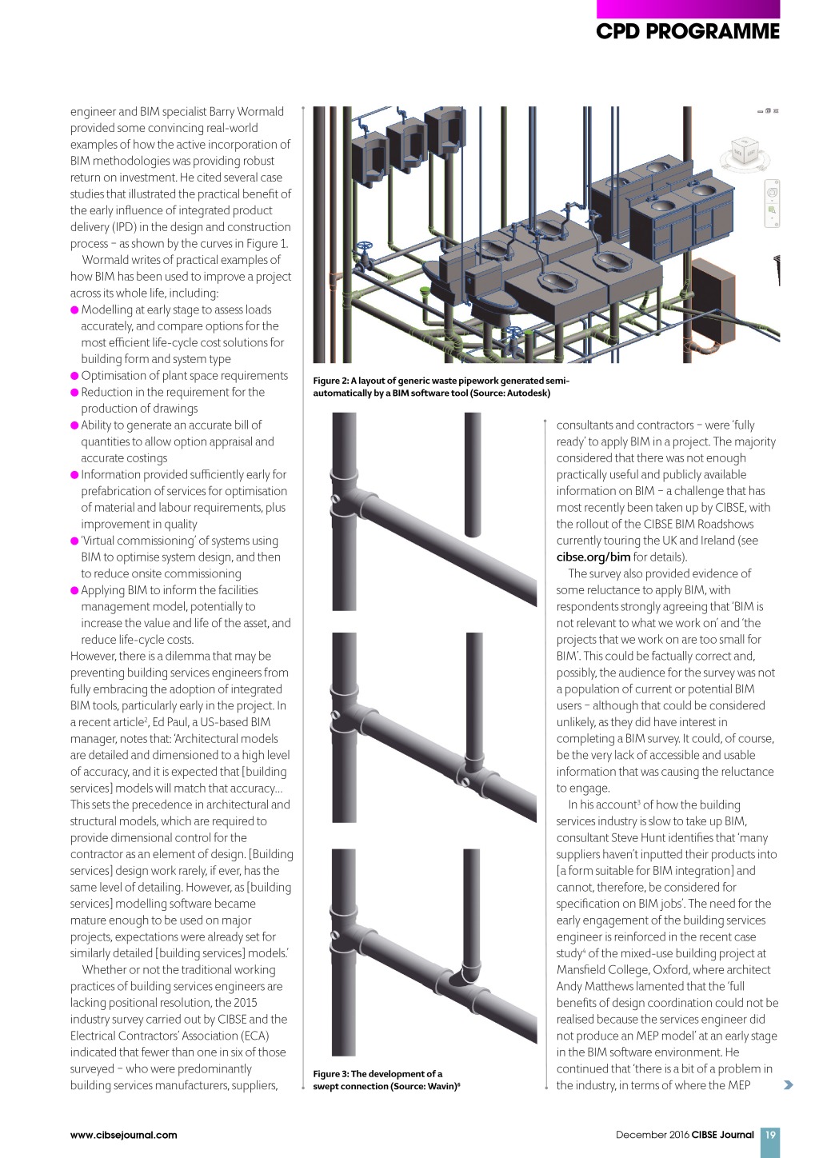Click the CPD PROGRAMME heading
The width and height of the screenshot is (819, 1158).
click(x=687, y=31)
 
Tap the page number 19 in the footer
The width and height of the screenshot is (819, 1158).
click(x=770, y=1135)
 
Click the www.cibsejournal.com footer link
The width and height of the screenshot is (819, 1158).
click(x=124, y=1135)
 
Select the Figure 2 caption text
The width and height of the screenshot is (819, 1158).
click(x=441, y=387)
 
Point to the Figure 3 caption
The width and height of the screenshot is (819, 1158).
click(x=386, y=1080)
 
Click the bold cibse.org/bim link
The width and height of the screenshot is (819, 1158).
click(x=593, y=557)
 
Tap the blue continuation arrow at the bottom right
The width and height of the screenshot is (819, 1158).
click(x=789, y=1085)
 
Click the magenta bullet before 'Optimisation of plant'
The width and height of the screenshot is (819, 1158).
click(x=75, y=376)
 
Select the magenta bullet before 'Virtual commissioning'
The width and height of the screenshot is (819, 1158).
click(x=75, y=541)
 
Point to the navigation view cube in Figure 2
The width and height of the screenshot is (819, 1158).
click(x=745, y=151)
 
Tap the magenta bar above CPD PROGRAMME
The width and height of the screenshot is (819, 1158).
click(x=687, y=9)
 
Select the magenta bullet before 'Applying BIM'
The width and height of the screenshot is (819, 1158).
click(x=75, y=591)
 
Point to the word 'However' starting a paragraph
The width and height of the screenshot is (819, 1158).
click(x=93, y=657)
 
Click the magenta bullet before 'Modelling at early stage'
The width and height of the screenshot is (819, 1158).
click(x=75, y=310)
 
